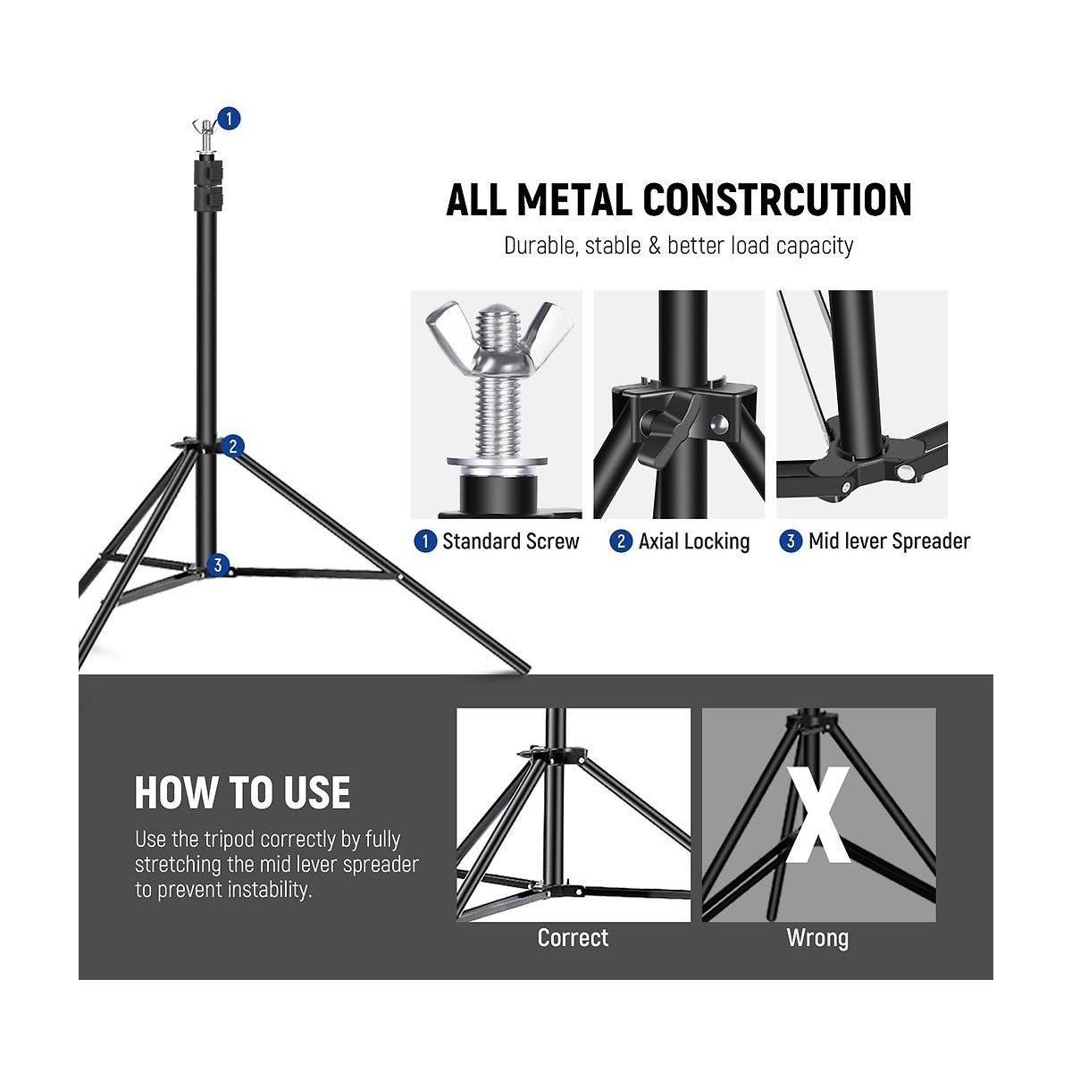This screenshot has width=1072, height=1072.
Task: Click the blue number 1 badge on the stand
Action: tap(229, 119)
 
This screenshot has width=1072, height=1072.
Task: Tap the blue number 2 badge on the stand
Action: tap(233, 446)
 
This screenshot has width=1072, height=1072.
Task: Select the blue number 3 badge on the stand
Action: tap(217, 565)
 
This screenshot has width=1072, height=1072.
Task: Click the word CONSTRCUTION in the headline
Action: tap(777, 199)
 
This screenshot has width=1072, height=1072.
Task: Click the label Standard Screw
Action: tap(511, 541)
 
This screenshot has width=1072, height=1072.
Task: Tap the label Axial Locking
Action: tap(694, 541)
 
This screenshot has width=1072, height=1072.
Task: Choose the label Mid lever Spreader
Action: tap(889, 541)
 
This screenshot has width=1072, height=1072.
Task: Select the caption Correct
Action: tap(573, 938)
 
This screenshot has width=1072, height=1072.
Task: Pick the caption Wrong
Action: tap(817, 939)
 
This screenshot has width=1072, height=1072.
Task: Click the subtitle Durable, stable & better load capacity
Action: tap(679, 246)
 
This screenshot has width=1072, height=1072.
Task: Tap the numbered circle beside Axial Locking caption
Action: tap(621, 541)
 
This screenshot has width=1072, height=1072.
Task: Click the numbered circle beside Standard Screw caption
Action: tap(425, 541)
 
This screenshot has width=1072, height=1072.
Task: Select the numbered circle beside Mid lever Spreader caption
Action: tap(791, 541)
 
